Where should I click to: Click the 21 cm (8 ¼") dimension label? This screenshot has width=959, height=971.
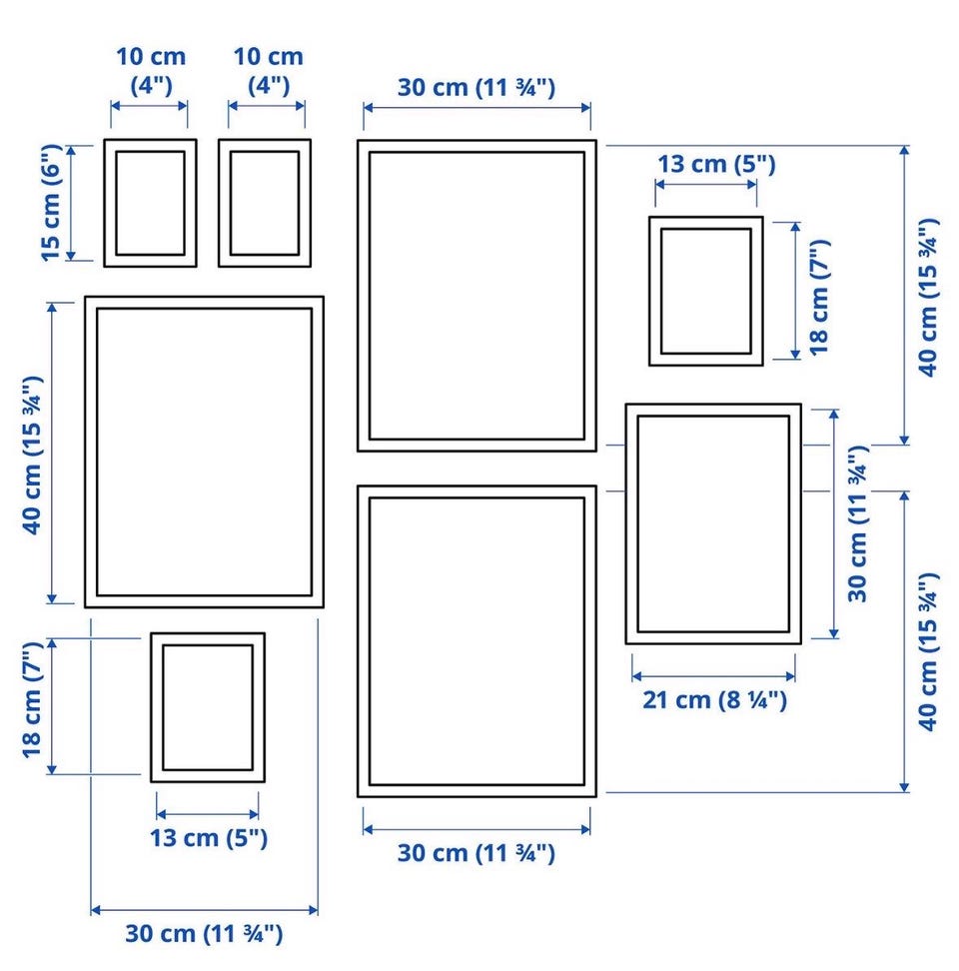point(714,699)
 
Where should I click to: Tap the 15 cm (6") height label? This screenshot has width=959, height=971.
point(51,203)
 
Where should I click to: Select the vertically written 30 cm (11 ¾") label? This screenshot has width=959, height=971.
point(858,523)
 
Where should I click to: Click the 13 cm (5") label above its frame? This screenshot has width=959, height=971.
point(715,164)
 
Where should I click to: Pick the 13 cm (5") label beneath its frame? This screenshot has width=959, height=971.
point(209,838)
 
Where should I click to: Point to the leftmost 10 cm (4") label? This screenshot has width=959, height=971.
point(151,71)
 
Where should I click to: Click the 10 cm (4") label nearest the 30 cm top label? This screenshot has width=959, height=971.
point(268,71)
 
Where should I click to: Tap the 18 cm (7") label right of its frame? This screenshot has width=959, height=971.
point(819,298)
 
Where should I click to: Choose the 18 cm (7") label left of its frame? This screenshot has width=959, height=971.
point(32,699)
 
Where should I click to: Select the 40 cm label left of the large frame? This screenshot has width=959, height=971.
point(32,456)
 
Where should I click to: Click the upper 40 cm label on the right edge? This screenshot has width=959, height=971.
point(927,298)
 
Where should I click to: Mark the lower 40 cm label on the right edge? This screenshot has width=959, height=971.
point(927,651)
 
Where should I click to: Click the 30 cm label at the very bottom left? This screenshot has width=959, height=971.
point(204,933)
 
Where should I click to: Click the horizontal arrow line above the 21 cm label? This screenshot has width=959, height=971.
point(713,676)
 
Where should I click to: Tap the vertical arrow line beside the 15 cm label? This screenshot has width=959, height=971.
point(71,203)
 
